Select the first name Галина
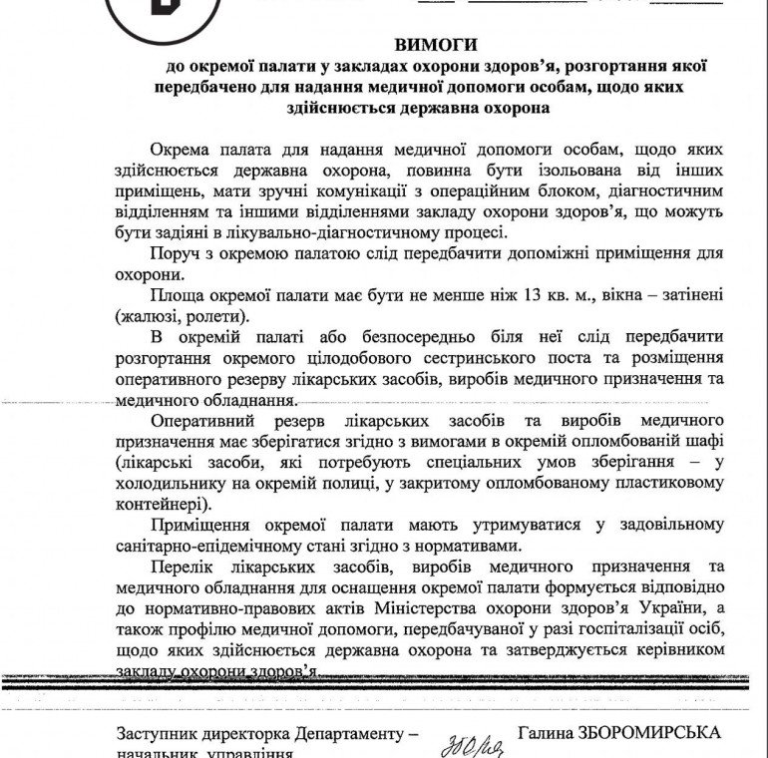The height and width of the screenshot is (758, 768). [548, 732]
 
